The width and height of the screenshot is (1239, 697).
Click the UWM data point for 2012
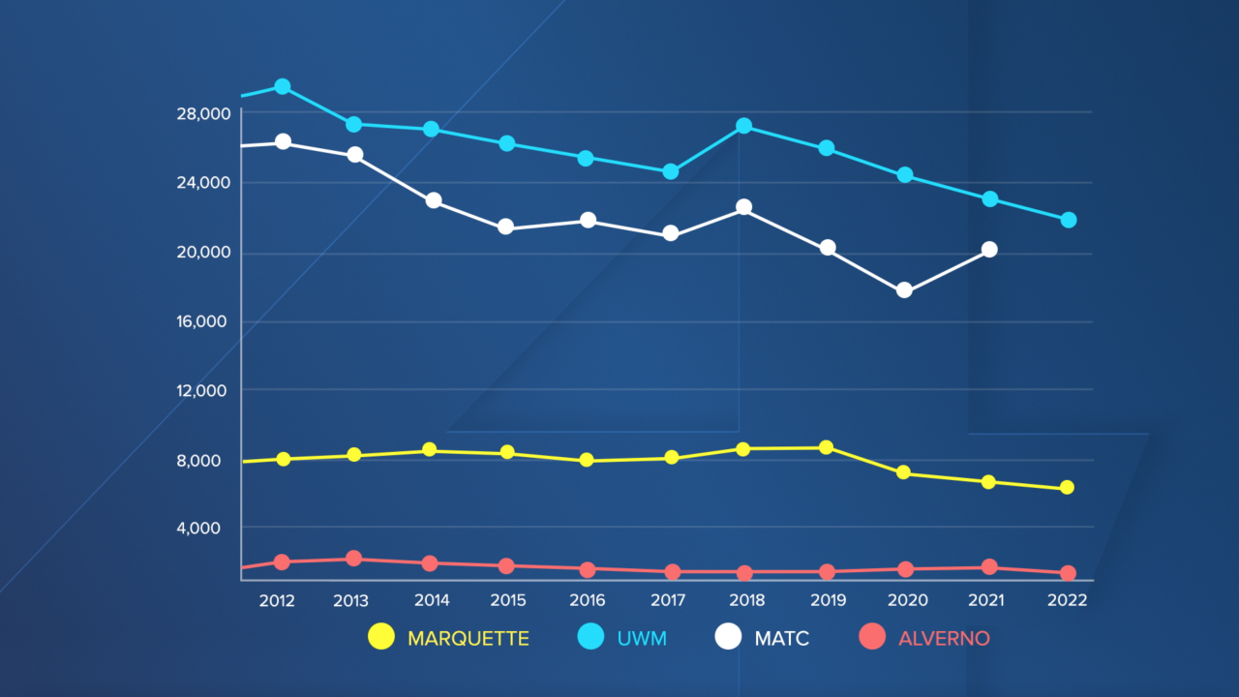pos(282,86)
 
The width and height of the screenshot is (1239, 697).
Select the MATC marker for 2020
pos(904,289)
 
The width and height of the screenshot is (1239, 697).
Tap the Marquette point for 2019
pos(826,447)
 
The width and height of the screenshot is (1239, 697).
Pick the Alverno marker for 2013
pos(353,559)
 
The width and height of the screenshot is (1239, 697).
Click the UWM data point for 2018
pos(743,126)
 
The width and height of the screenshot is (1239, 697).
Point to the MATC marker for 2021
pos(988,249)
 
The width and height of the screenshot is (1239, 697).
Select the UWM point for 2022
pos(1069,220)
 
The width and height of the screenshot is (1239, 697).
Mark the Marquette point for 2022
pos(1067,488)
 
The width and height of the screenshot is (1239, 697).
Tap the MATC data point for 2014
pos(434,200)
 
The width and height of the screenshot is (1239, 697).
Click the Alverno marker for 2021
pos(988,567)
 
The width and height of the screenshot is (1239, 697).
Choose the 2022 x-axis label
pos(1067,600)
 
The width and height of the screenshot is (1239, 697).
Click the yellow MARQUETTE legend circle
pos(382,637)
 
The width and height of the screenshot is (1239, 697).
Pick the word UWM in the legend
pos(642,638)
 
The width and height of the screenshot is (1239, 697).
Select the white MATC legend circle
pos(728,637)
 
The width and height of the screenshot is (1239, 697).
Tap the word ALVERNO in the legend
pos(944,638)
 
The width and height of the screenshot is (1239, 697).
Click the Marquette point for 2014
pos(430,450)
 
